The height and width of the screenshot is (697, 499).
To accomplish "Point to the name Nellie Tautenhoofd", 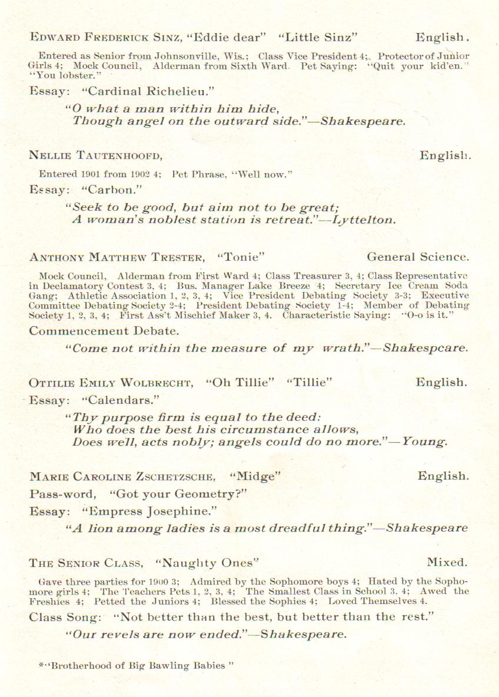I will coord(96,155).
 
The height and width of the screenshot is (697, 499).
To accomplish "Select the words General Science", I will coord(418,257).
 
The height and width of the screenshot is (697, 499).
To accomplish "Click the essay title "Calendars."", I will coord(120,400).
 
